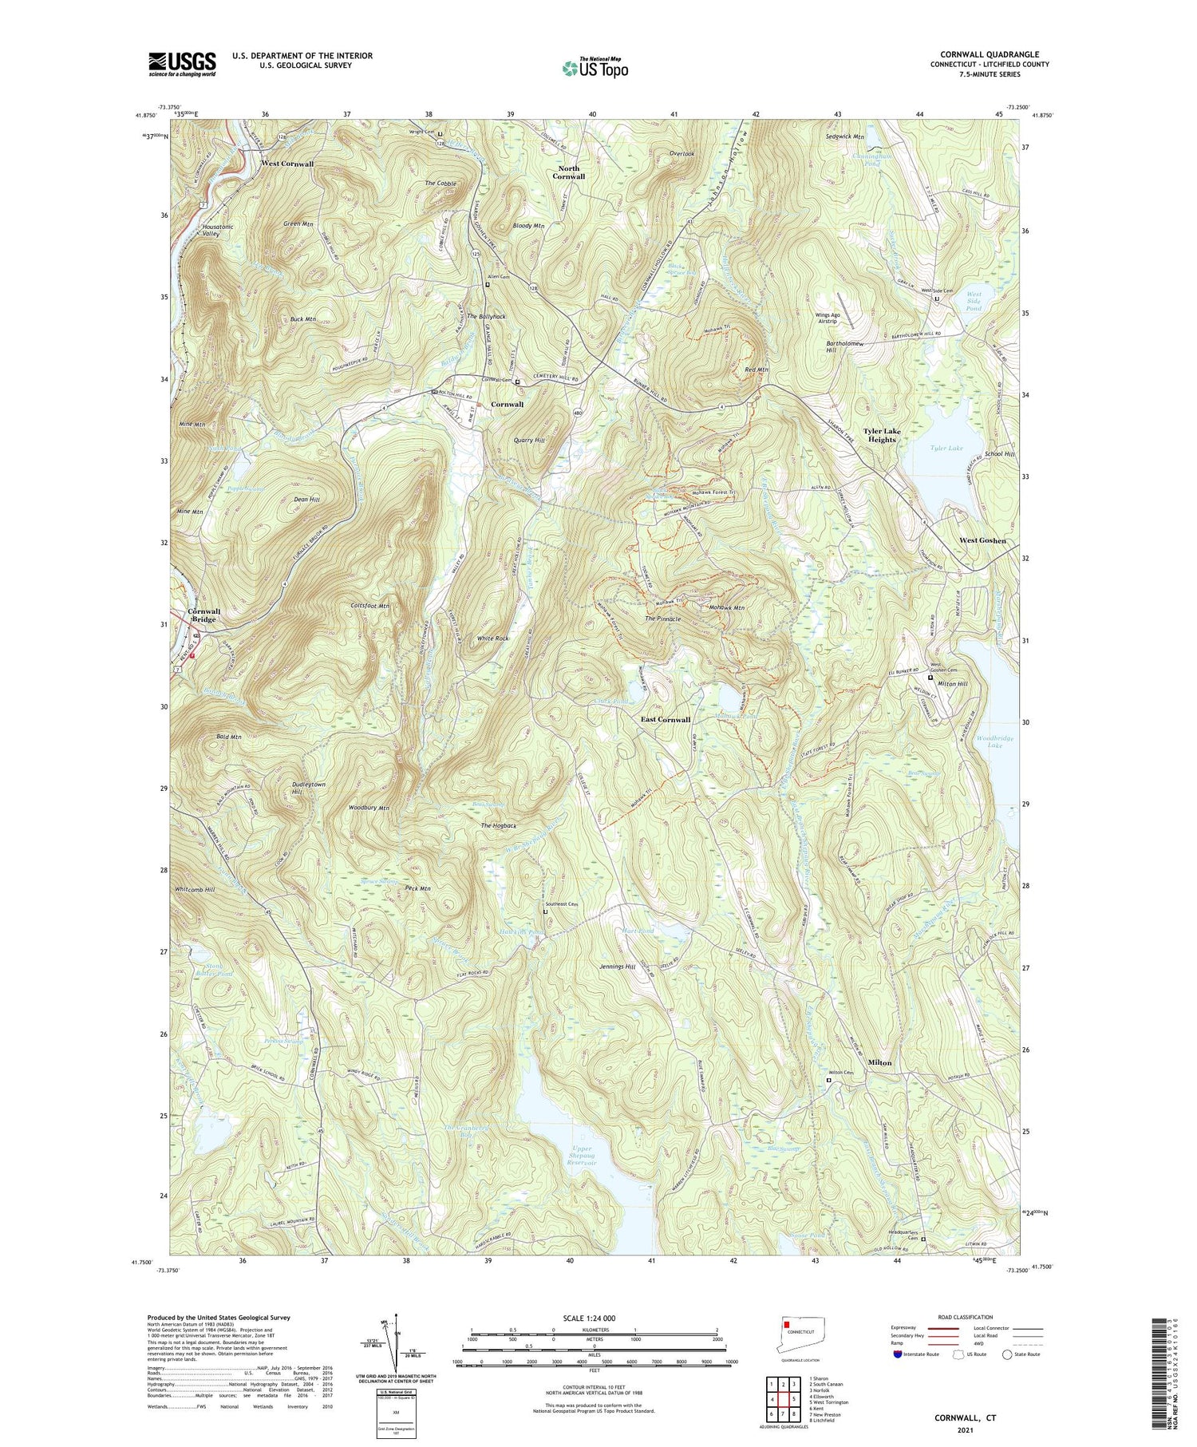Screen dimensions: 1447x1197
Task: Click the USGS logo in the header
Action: (182, 64)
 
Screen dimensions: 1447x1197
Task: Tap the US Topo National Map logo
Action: (595, 68)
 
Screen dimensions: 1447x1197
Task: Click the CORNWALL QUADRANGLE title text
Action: (987, 54)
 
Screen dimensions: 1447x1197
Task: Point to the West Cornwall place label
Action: (287, 164)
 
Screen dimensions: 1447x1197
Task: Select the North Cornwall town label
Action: (571, 172)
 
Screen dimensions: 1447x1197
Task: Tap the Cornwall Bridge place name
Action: (204, 615)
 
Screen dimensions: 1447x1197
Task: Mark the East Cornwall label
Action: (666, 719)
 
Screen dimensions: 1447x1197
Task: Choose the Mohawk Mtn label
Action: (726, 608)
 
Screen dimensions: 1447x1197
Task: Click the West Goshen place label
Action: (982, 540)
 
